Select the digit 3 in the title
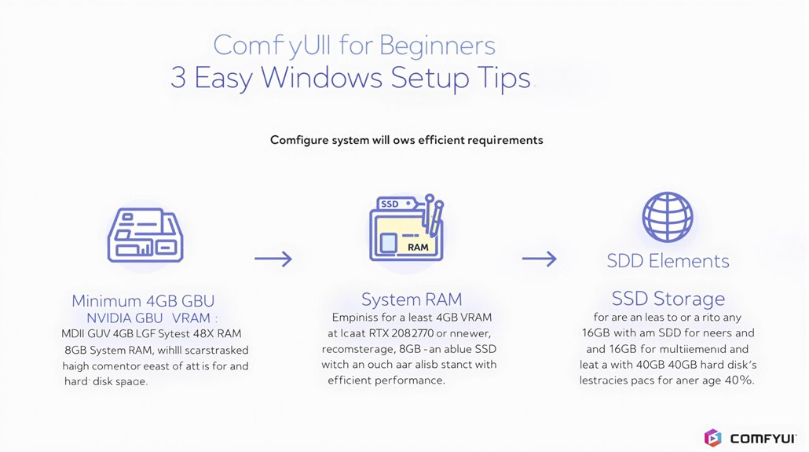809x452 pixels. (179, 79)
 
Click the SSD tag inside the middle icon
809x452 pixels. (390, 204)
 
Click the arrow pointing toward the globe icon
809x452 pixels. (540, 258)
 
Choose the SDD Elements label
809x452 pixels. (668, 261)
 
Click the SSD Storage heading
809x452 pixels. (668, 299)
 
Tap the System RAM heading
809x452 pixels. (411, 299)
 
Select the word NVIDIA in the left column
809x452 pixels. (107, 318)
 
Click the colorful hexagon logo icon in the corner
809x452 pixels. (712, 438)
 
